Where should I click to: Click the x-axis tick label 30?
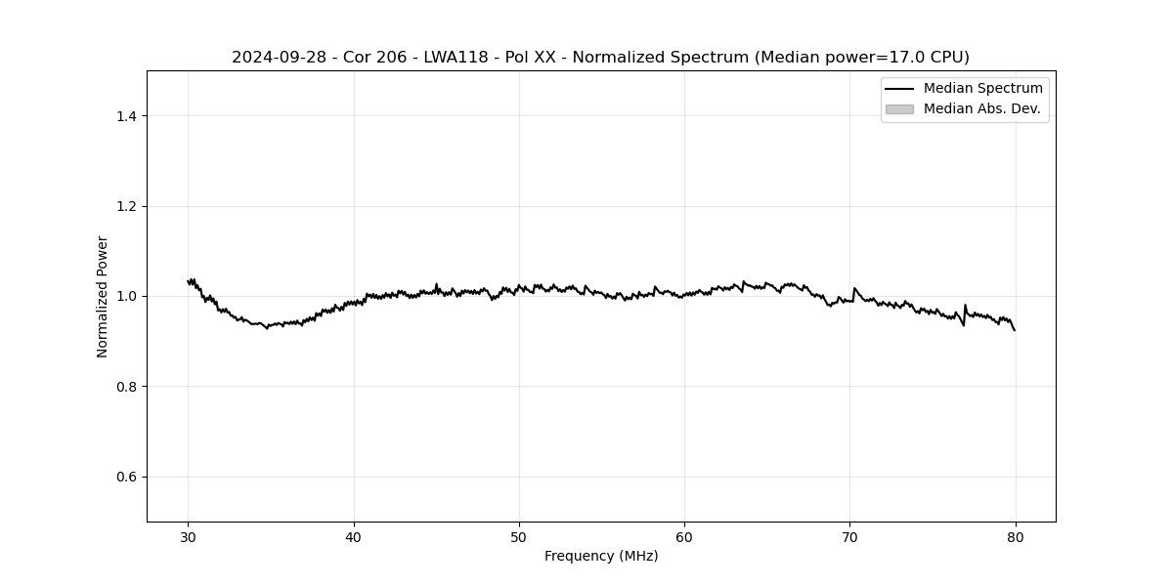[189, 536]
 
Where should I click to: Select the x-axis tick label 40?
[354, 536]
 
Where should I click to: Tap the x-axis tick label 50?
[519, 536]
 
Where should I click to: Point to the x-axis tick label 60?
[684, 536]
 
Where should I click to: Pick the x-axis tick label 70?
[849, 536]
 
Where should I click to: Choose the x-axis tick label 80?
[1015, 536]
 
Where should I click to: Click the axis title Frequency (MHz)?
[601, 556]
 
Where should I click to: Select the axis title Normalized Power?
[103, 296]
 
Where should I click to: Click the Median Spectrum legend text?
[982, 89]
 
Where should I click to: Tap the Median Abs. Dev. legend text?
[981, 108]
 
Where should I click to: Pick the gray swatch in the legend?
[899, 108]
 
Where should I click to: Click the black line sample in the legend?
[899, 89]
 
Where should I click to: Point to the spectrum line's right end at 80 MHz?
[1015, 330]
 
